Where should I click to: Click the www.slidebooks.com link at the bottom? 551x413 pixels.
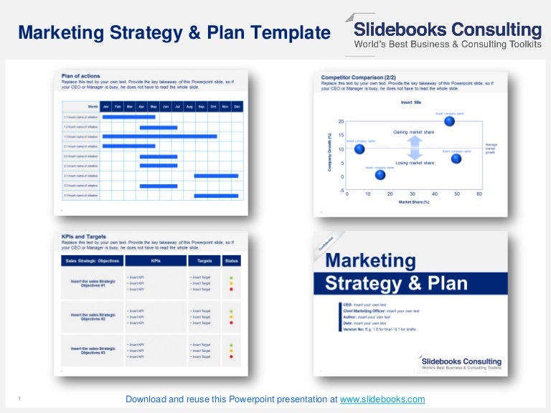pyautogui.click(x=382, y=399)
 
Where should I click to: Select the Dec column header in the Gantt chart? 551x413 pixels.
pyautogui.click(x=237, y=106)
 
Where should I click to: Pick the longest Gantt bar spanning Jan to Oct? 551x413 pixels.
pyautogui.click(x=159, y=136)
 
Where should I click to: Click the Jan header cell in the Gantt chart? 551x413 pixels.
pyautogui.click(x=106, y=106)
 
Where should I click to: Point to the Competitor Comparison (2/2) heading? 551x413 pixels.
pyautogui.click(x=357, y=76)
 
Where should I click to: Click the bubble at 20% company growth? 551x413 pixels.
pyautogui.click(x=449, y=121)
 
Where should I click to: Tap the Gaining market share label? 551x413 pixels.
pyautogui.click(x=414, y=132)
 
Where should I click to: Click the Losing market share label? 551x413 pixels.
pyautogui.click(x=414, y=163)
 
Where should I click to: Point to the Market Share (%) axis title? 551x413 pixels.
pyautogui.click(x=413, y=202)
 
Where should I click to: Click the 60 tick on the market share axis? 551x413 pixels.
pyautogui.click(x=479, y=194)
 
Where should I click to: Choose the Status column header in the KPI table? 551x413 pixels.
pyautogui.click(x=231, y=260)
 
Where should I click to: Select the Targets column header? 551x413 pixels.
pyautogui.click(x=204, y=260)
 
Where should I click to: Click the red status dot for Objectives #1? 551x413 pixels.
pyautogui.click(x=231, y=289)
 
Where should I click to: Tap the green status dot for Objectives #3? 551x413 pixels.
pyautogui.click(x=231, y=345)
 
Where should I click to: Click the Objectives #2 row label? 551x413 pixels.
pyautogui.click(x=93, y=316)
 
